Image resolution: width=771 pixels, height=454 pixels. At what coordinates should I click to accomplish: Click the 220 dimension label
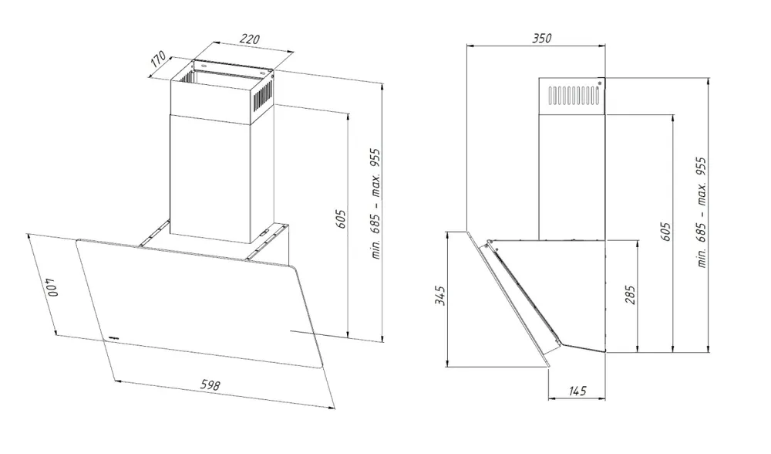[250, 39]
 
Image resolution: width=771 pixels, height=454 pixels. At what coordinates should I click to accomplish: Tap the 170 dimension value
[158, 59]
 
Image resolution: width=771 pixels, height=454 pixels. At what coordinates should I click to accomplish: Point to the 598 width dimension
[210, 385]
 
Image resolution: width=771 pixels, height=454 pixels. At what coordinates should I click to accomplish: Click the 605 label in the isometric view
[341, 219]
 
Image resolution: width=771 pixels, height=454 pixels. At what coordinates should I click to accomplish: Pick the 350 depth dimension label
[542, 38]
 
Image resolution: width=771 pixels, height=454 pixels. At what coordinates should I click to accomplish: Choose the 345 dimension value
[441, 296]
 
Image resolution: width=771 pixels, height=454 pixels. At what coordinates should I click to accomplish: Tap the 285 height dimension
[631, 294]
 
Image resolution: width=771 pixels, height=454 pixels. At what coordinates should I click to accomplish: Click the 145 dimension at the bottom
[577, 391]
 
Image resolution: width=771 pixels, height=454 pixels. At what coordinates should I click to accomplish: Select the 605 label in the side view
[665, 232]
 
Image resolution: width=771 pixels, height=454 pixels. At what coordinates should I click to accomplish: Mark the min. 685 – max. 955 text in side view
[701, 212]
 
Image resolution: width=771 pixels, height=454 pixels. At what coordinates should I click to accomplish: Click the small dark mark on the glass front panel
[113, 337]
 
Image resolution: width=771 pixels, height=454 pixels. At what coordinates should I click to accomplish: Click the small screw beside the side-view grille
[600, 83]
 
